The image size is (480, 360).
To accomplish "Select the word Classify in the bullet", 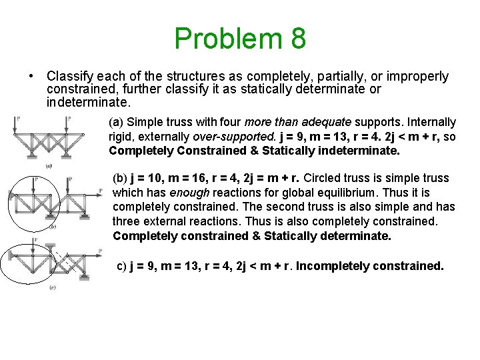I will click(x=71, y=77).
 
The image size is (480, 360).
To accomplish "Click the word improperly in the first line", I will click(x=415, y=77).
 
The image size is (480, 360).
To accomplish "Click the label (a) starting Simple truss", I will click(x=117, y=122).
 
